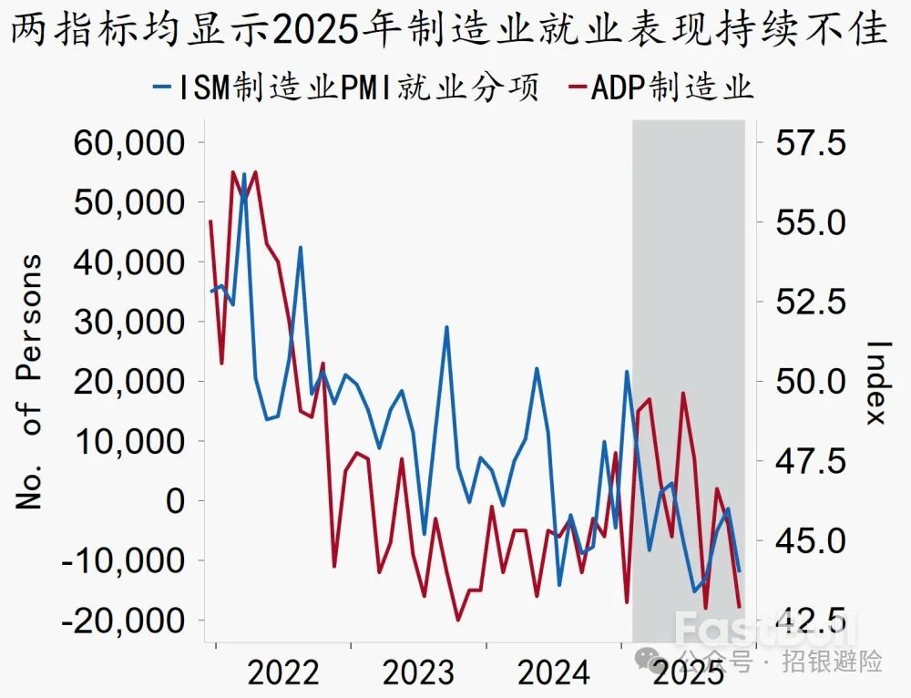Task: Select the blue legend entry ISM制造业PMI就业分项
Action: [x=346, y=88]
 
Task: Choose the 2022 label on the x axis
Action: [x=283, y=673]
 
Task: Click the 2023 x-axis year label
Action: [x=418, y=673]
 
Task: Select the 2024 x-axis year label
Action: [x=553, y=673]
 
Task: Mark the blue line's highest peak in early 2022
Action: [x=244, y=174]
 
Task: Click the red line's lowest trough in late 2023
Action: [x=458, y=620]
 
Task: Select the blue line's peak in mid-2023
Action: [x=446, y=327]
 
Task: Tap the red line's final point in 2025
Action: [x=739, y=606]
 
